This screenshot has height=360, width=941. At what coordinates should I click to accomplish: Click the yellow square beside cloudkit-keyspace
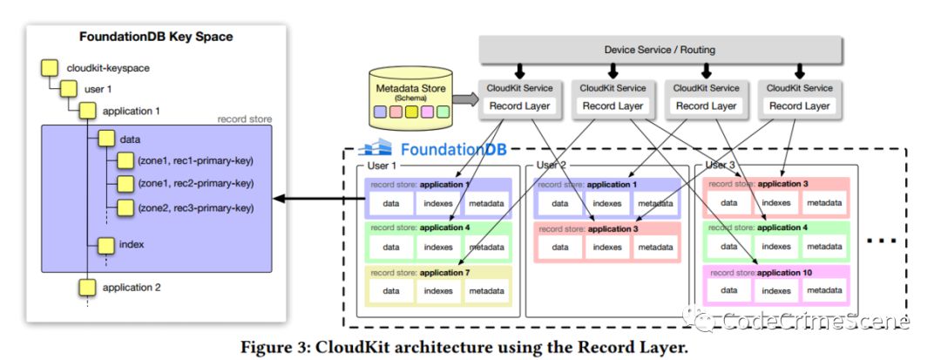click(x=51, y=67)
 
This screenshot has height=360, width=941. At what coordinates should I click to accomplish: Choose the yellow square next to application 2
click(x=87, y=287)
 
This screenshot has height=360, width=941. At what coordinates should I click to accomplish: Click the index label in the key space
click(x=131, y=244)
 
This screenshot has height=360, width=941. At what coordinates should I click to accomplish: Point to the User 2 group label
click(x=552, y=165)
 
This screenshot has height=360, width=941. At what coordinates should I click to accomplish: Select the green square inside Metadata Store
click(x=443, y=112)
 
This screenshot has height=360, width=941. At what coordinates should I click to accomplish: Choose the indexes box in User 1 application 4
click(x=438, y=247)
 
